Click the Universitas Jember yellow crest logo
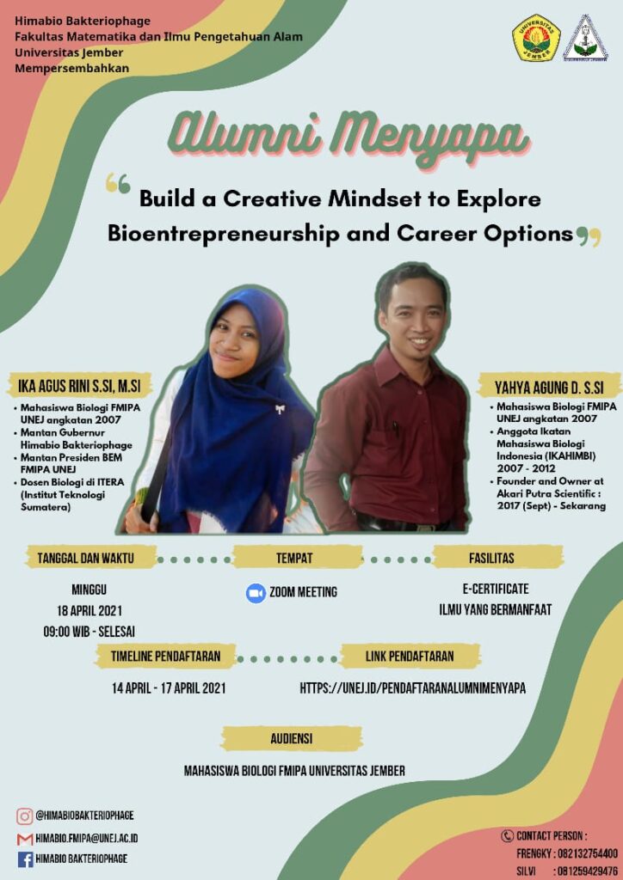click(536, 37)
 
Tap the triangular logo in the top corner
click(586, 38)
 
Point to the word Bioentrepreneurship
click(224, 233)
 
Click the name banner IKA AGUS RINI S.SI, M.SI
click(79, 387)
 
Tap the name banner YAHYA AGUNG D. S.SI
click(549, 387)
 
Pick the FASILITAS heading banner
click(491, 559)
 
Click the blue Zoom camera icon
click(256, 593)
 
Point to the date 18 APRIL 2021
click(89, 611)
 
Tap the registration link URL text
click(412, 688)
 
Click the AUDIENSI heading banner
click(291, 738)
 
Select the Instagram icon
click(24, 816)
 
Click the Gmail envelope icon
click(25, 840)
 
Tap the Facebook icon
click(25, 859)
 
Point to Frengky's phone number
click(588, 853)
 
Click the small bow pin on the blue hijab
click(280, 409)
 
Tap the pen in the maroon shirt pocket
click(395, 429)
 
